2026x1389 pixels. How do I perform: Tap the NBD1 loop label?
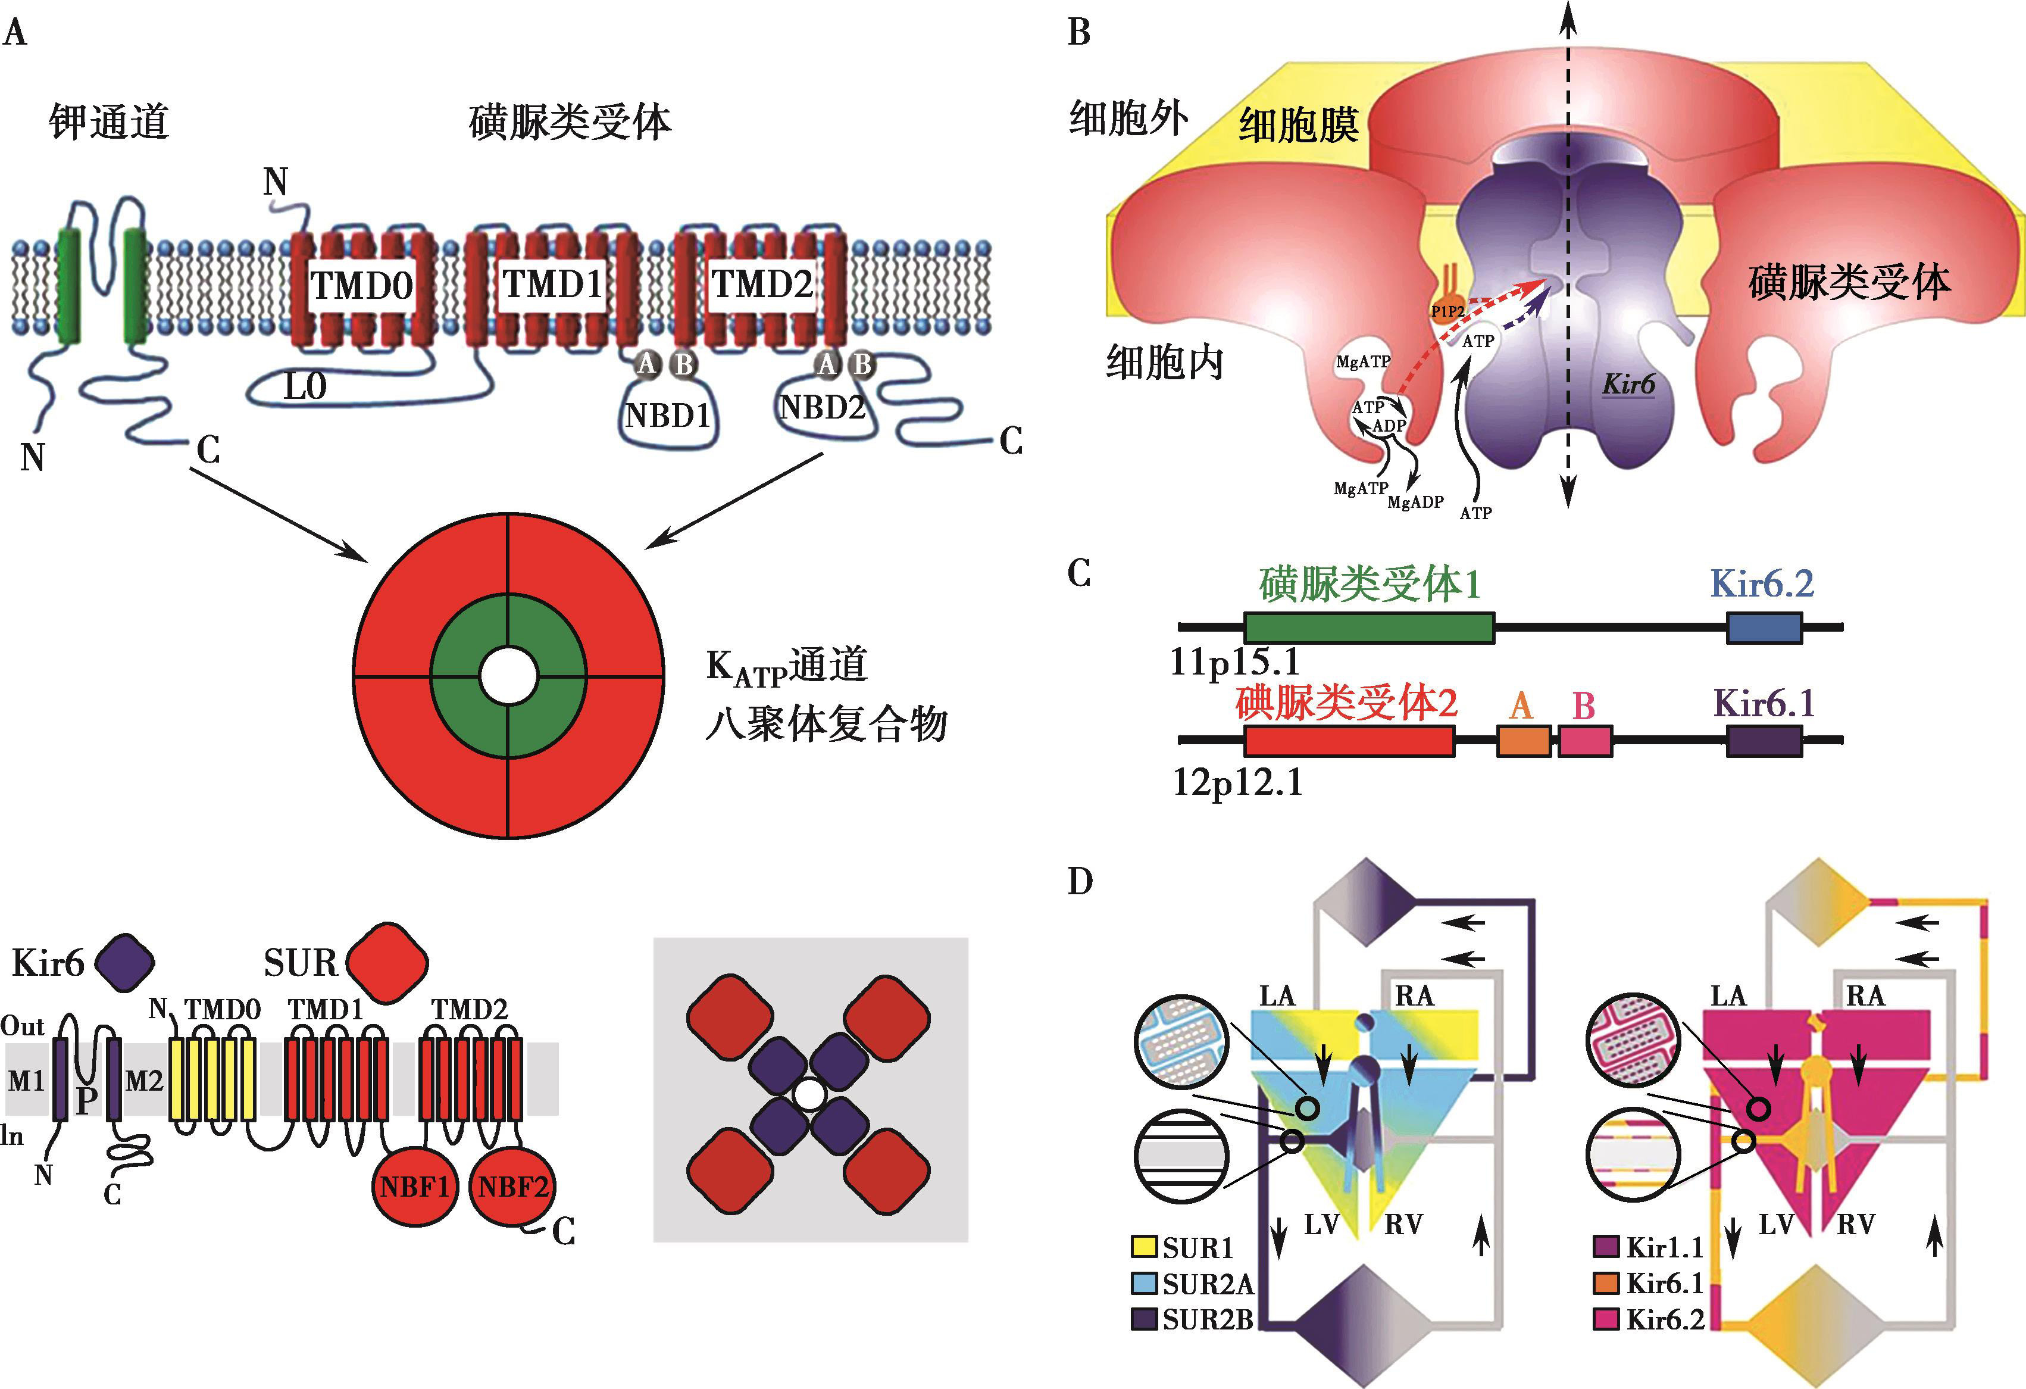click(x=668, y=415)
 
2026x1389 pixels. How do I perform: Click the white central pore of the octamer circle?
click(x=508, y=676)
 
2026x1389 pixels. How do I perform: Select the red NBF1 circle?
click(x=415, y=1186)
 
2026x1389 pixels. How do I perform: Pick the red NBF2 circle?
click(x=512, y=1186)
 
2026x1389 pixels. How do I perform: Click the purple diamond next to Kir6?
click(x=124, y=963)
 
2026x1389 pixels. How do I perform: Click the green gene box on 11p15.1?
click(x=1369, y=628)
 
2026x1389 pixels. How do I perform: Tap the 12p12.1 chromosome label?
click(x=1236, y=783)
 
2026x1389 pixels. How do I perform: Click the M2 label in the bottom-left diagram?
click(x=144, y=1081)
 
